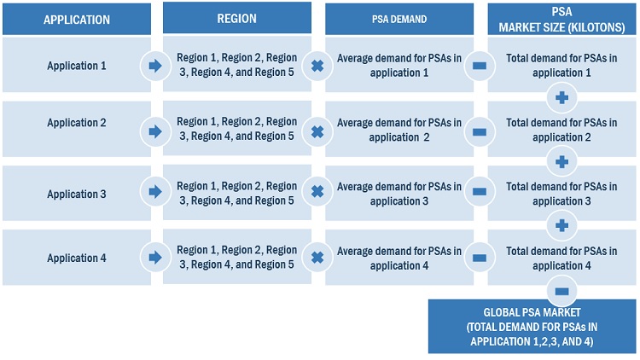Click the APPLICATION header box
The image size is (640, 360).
tap(76, 18)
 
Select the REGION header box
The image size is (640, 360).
tap(236, 18)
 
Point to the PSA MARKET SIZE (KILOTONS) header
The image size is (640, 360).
tap(561, 18)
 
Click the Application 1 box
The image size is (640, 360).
tap(76, 65)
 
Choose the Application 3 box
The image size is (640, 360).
tap(76, 194)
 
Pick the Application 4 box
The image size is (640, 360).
tap(76, 258)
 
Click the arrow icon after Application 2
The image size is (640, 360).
tap(155, 131)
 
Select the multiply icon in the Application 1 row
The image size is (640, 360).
tap(317, 66)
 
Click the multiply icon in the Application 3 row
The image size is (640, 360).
tap(317, 193)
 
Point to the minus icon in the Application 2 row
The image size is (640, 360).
tap(479, 131)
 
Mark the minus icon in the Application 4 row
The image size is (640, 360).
tap(479, 258)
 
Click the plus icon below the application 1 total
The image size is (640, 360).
tap(561, 97)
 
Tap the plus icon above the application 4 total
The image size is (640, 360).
tap(561, 226)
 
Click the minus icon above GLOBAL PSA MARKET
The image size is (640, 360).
tap(561, 290)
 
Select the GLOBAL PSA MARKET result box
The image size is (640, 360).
tap(532, 326)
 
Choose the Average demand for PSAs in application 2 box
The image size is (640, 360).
tap(399, 130)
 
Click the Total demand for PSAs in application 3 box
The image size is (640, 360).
tap(561, 194)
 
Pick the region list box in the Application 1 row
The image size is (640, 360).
tap(236, 65)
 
